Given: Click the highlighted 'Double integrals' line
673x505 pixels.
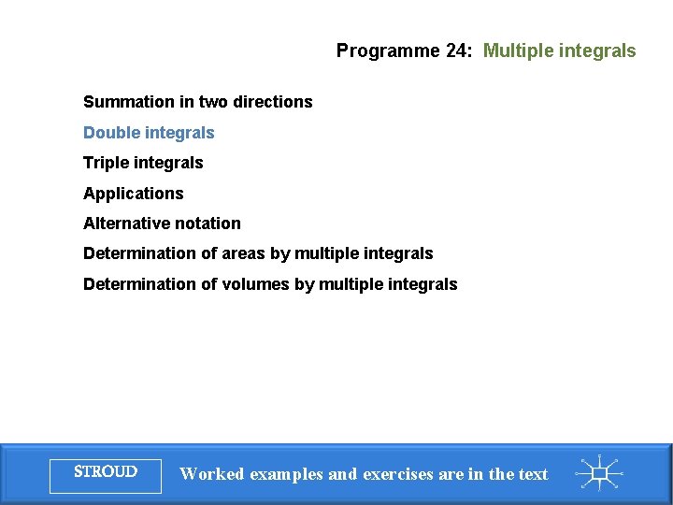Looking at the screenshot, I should [149, 133].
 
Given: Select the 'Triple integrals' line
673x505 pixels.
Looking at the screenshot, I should [143, 163].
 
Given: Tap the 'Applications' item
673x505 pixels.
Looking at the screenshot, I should [134, 194].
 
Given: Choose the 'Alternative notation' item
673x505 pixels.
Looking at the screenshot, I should [162, 224].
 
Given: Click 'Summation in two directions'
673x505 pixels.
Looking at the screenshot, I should [197, 102].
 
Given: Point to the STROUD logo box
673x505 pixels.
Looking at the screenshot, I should [106, 473].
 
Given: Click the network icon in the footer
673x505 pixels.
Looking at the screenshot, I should [600, 473].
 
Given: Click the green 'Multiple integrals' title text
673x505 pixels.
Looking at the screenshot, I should [559, 50].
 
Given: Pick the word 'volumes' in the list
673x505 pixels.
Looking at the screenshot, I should [255, 284].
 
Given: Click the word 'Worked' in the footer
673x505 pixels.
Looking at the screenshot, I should [211, 474].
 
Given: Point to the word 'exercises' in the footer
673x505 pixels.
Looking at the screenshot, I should [397, 474].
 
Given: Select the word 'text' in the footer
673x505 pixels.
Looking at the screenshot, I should [533, 474].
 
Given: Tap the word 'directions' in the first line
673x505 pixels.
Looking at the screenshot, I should [276, 102].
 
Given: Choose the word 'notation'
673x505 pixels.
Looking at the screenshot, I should [207, 224].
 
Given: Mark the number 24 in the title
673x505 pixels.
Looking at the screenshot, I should [457, 50].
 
